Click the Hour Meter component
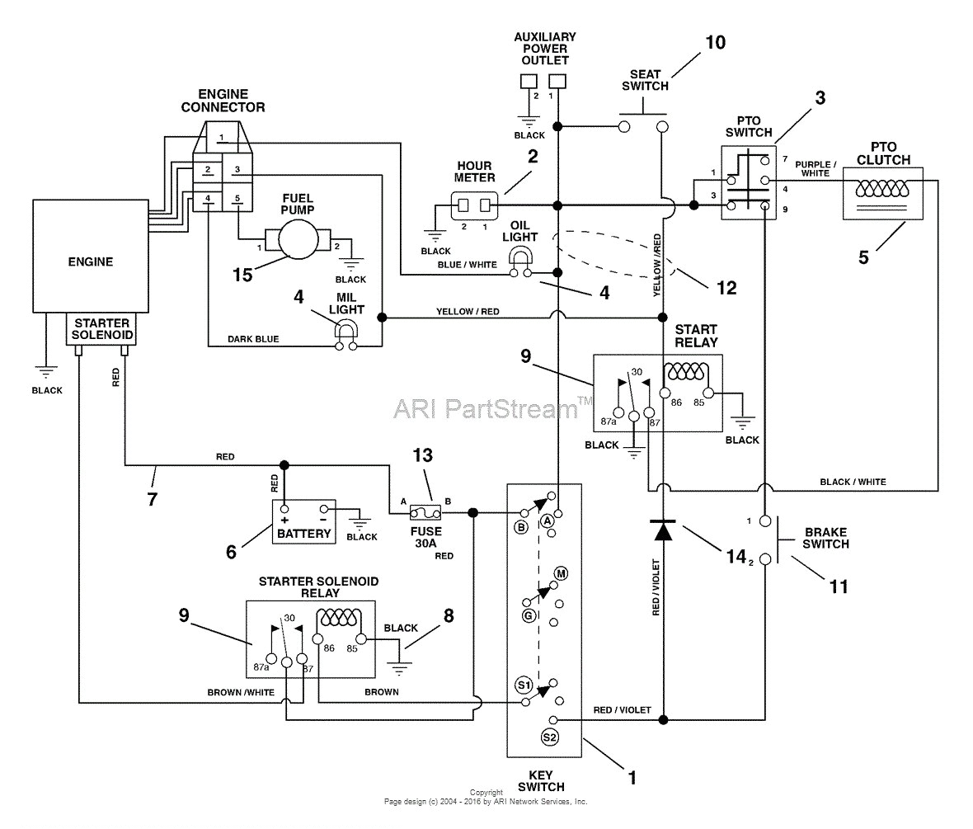pyautogui.click(x=474, y=205)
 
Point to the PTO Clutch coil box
pyautogui.click(x=880, y=192)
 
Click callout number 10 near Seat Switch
pyautogui.click(x=715, y=42)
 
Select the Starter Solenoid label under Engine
pyautogui.click(x=101, y=327)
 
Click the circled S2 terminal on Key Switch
pyautogui.click(x=550, y=737)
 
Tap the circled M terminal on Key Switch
pyautogui.click(x=561, y=573)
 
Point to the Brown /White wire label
pyautogui.click(x=241, y=692)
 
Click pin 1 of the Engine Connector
pyautogui.click(x=221, y=136)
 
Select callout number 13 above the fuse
pyautogui.click(x=421, y=455)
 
